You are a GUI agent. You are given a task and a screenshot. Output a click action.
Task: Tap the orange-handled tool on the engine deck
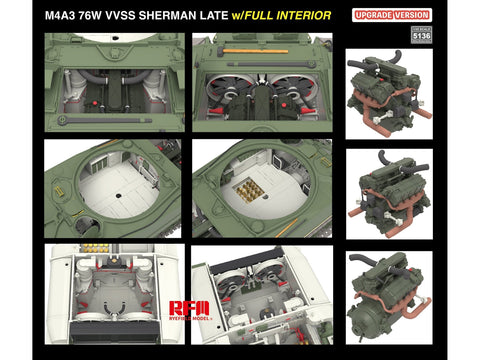pyautogui.click(x=260, y=50)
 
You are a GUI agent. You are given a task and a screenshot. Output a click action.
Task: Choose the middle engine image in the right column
pyautogui.click(x=388, y=192)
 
